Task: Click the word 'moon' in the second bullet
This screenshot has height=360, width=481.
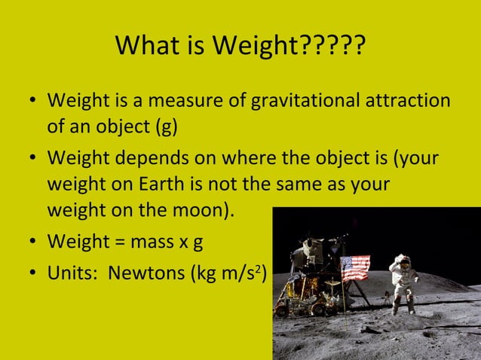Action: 198,209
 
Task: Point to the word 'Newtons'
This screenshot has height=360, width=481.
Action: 143,272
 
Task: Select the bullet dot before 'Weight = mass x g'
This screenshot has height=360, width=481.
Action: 30,243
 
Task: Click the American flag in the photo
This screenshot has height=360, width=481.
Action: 355,267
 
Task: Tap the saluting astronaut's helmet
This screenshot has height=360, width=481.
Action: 403,262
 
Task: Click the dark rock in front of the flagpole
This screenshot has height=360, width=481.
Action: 369,329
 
